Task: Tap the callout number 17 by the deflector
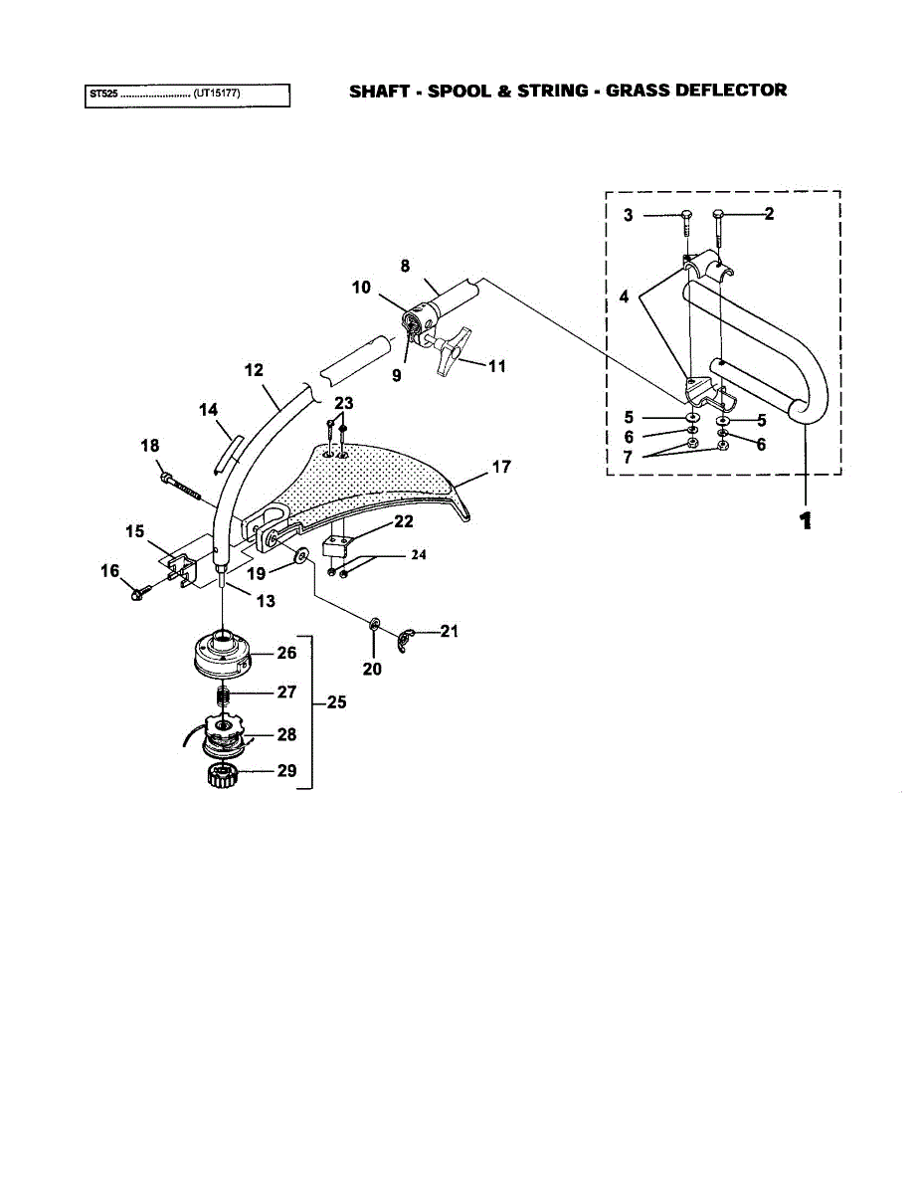click(501, 466)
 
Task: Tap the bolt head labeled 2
click(719, 214)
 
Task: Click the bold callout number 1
click(806, 520)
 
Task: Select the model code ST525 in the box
click(102, 96)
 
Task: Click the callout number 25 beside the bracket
click(336, 702)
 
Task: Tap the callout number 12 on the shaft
click(254, 370)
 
